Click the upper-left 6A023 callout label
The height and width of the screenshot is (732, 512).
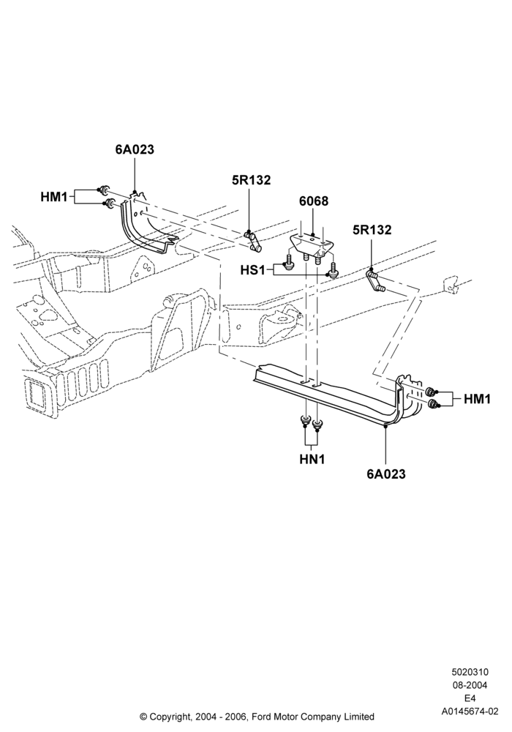click(135, 150)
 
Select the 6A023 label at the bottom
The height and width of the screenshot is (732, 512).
click(386, 474)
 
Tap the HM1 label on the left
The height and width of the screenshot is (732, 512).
click(54, 197)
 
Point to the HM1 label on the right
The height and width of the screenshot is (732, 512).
click(478, 399)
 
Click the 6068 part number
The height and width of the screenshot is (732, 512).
click(314, 201)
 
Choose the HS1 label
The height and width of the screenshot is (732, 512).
click(253, 270)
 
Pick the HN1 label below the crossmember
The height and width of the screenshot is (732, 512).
click(312, 460)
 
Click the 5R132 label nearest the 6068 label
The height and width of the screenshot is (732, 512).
click(252, 180)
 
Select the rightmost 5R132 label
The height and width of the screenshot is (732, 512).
click(372, 230)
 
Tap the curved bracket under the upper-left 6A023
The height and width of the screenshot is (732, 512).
click(146, 225)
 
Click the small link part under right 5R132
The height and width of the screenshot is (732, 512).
click(374, 282)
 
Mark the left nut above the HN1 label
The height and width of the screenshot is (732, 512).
click(306, 420)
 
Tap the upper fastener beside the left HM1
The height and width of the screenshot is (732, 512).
click(105, 190)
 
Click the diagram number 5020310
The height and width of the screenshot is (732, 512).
click(470, 672)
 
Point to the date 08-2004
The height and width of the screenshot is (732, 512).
click(470, 685)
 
